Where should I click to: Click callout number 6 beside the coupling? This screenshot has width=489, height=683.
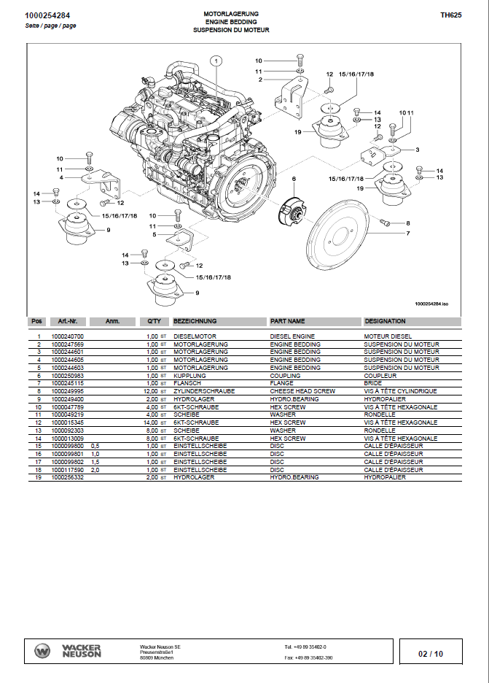[294, 178]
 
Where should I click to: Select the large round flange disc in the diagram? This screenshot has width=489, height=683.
[343, 239]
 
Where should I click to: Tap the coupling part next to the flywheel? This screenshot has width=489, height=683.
[292, 213]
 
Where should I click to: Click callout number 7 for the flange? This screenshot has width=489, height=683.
[408, 234]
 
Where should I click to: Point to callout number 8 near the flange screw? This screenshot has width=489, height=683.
[408, 223]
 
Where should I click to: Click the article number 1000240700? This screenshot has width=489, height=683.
[68, 336]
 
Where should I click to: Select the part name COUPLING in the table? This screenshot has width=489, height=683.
[285, 376]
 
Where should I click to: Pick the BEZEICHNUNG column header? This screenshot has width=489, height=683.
[195, 321]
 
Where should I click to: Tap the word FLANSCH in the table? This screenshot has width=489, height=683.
[187, 384]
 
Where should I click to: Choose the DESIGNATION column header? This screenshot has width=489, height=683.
[386, 321]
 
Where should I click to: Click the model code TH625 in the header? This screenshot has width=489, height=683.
[450, 14]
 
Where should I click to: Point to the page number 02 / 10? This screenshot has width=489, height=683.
[431, 654]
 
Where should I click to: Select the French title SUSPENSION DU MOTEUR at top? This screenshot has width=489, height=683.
[231, 31]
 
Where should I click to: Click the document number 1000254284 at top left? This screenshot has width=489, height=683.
[47, 15]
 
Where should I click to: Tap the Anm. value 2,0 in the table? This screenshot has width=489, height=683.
[95, 470]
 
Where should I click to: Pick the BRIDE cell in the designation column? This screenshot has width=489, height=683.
[373, 384]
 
